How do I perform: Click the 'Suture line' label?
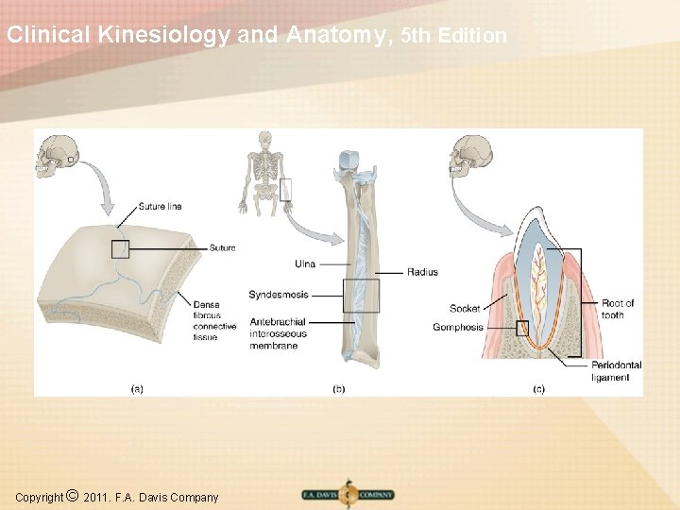[160, 207]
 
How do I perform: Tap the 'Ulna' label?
[305, 263]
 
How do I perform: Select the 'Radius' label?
[422, 273]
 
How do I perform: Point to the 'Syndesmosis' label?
[279, 295]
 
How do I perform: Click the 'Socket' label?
[465, 309]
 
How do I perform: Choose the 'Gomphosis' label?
[458, 328]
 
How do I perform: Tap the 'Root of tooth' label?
[618, 309]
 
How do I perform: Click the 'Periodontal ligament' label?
[616, 371]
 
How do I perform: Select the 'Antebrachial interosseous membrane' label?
[279, 333]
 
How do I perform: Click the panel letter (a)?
[137, 387]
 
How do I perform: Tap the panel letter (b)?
[338, 387]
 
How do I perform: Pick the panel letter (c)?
[539, 387]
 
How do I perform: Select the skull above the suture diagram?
[56, 157]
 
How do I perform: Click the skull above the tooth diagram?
[472, 157]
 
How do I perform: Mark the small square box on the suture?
[120, 248]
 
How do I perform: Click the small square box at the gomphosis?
[522, 328]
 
